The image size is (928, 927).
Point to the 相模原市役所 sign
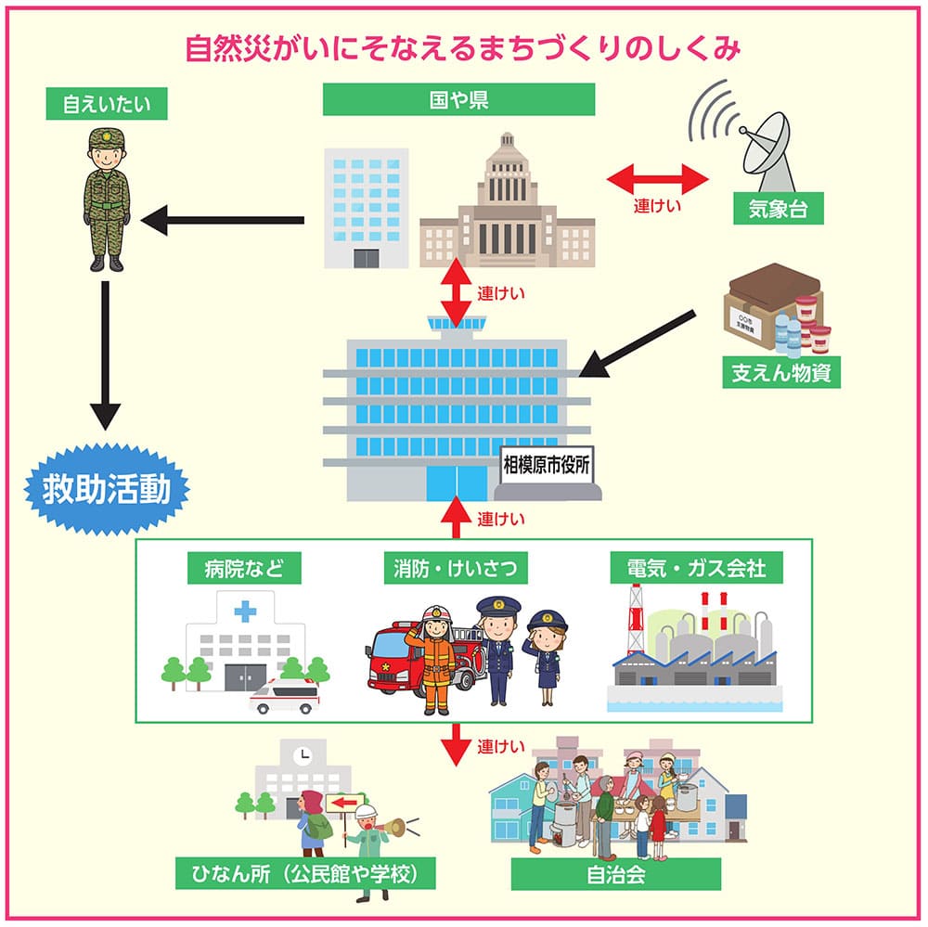(x=546, y=465)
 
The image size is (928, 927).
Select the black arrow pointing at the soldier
(x=223, y=221)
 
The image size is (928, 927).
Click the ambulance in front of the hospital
(x=282, y=696)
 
